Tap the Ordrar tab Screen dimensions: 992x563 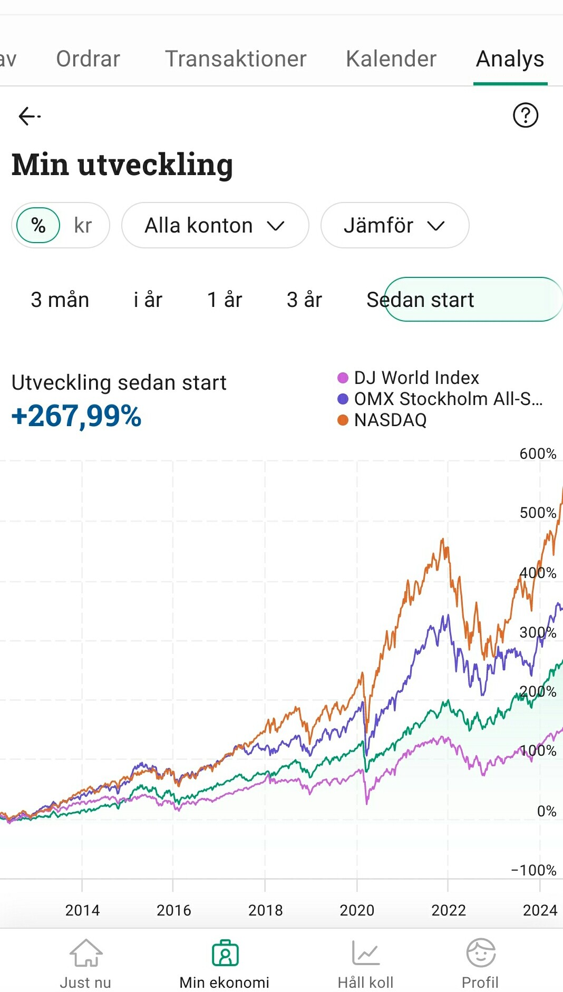88,59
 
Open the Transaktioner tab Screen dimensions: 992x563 236,59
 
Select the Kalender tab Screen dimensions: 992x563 391,59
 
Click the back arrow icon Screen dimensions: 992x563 29,115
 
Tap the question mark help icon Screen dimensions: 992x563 526,115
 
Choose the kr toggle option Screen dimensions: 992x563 83,225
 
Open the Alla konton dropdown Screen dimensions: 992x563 215,225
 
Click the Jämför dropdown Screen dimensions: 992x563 394,225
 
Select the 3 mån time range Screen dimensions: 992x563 60,300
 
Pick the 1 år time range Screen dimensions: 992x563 225,300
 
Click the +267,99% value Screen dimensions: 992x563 76,416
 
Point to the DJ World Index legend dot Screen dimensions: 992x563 343,378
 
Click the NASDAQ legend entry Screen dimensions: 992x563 390,420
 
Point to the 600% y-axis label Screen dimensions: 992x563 538,454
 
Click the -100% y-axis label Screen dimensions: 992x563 533,870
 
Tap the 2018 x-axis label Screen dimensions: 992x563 265,910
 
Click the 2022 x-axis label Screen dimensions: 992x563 449,910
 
